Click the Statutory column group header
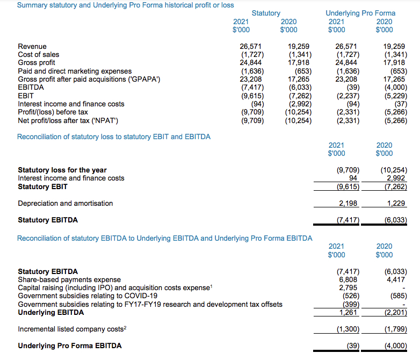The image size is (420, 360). click(x=266, y=13)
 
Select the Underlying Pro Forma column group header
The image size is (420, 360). click(x=360, y=13)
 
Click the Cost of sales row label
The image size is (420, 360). click(x=39, y=54)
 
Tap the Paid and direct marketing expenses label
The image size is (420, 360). click(x=75, y=71)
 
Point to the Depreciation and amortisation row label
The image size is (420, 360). click(x=65, y=203)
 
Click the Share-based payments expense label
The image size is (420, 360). click(x=69, y=279)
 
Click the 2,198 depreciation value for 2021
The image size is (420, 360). click(x=349, y=203)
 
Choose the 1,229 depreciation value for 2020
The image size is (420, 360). click(x=396, y=203)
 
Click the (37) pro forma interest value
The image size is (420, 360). click(x=400, y=104)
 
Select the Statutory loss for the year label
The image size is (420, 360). click(x=62, y=170)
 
